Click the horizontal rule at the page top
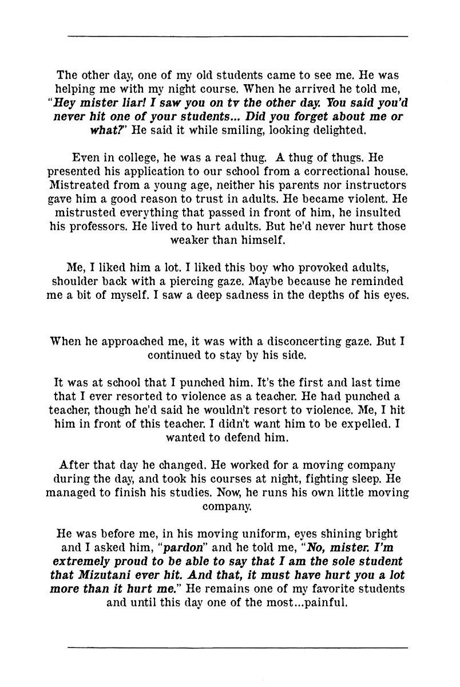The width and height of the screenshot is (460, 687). click(237, 37)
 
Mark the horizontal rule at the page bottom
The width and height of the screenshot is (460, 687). click(237, 647)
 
